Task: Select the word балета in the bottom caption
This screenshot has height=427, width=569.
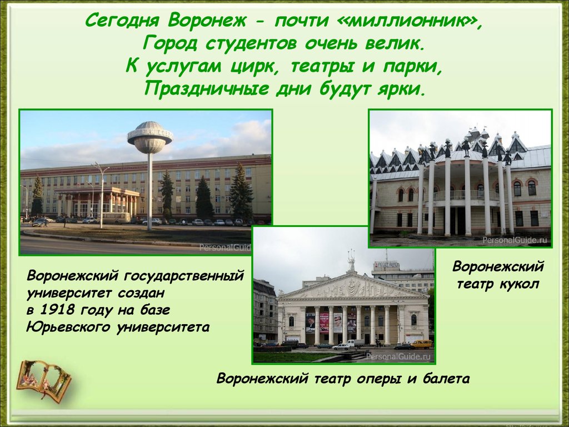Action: pyautogui.click(x=446, y=379)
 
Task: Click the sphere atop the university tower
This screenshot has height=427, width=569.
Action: pyautogui.click(x=150, y=138)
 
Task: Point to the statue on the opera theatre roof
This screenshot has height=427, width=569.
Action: pyautogui.click(x=351, y=260)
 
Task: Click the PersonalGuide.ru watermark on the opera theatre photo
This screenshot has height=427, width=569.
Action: pyautogui.click(x=398, y=356)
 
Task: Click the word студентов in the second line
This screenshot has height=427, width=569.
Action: pyautogui.click(x=251, y=43)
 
